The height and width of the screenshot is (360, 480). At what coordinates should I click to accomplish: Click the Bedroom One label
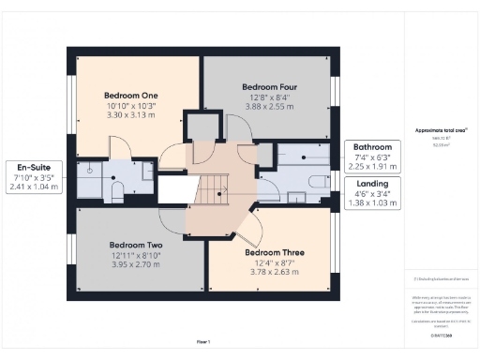[x=131, y=96]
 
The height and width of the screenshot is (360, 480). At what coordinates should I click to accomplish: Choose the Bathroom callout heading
[x=373, y=147]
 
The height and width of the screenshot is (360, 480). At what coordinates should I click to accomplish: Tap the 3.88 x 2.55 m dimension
[x=269, y=106]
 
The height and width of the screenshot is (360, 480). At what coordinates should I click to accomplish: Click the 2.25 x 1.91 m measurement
[x=373, y=168]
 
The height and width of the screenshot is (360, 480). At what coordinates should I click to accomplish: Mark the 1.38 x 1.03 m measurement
[x=373, y=202]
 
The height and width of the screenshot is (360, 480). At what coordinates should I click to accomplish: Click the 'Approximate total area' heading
[x=440, y=130]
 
